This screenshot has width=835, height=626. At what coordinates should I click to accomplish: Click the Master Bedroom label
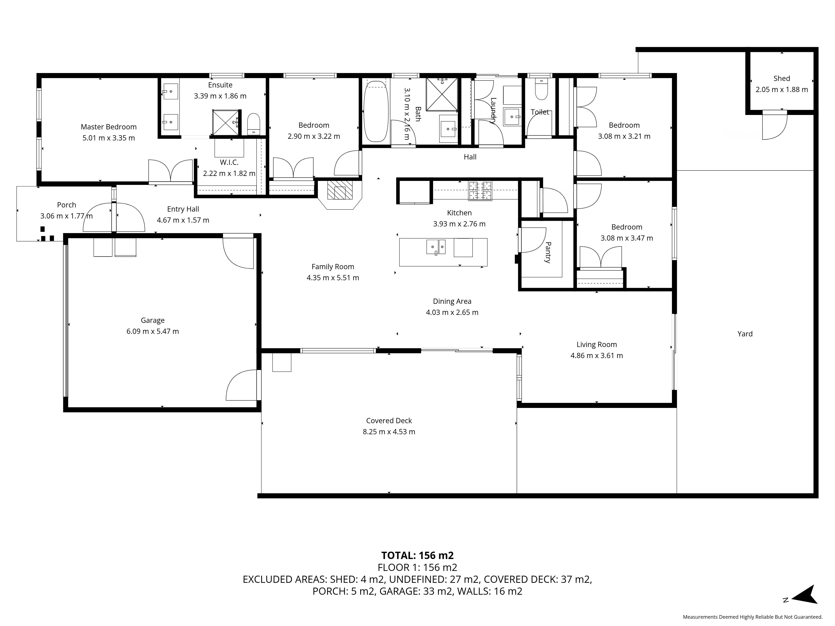tap(109, 127)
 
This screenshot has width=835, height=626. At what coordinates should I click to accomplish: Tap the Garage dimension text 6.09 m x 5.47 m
tap(153, 331)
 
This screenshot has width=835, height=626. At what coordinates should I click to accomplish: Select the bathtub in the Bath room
tap(376, 111)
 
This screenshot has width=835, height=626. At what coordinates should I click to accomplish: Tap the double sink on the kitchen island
tap(436, 247)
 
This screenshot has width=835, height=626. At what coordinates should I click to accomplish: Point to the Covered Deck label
tap(389, 421)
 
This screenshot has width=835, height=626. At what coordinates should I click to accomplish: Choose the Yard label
tap(745, 334)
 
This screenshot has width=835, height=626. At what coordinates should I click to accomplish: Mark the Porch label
tap(66, 205)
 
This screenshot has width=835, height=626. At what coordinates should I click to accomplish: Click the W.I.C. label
tap(229, 162)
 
